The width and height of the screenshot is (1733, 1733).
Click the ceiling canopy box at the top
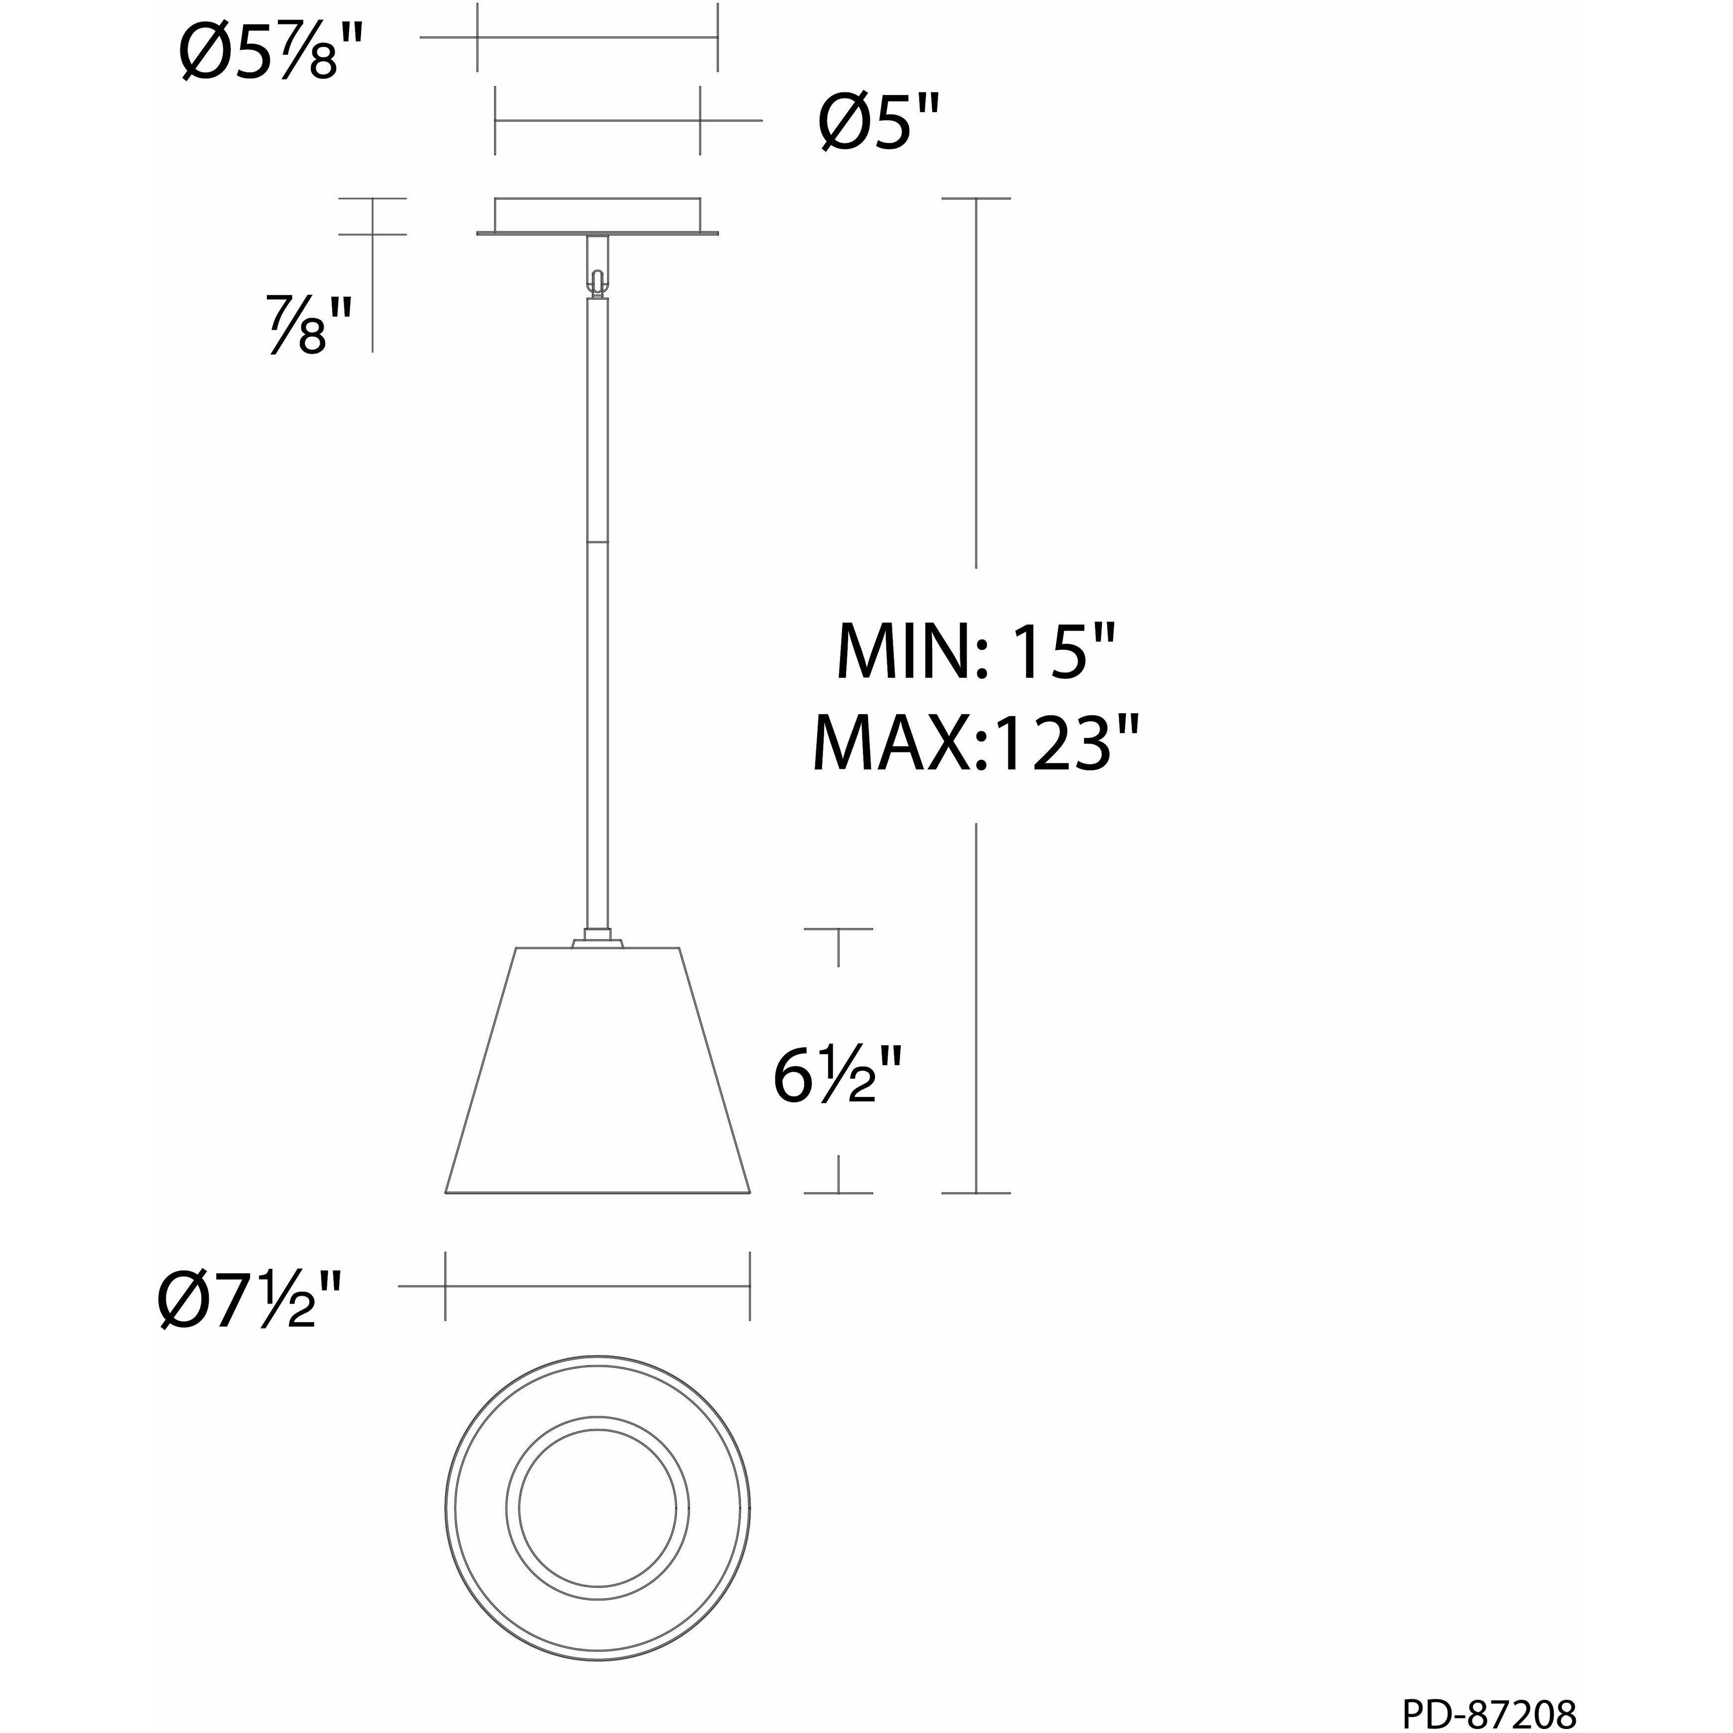click(x=598, y=215)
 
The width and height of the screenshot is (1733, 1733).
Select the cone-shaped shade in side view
click(x=598, y=1076)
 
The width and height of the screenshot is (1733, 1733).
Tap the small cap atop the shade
click(x=598, y=941)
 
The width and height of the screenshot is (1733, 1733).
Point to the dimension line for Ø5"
click(x=598, y=120)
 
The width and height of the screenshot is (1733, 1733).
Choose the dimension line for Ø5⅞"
click(x=598, y=38)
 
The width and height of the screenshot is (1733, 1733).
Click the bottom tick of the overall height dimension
click(x=976, y=1193)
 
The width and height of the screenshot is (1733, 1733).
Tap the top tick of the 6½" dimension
click(x=838, y=929)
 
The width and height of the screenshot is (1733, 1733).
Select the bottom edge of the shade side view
click(x=598, y=1194)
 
